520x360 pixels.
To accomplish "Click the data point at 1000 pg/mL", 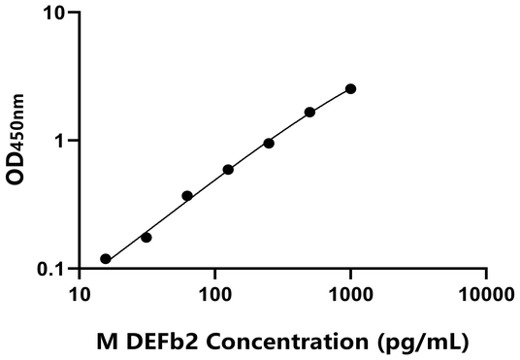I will click(350, 88).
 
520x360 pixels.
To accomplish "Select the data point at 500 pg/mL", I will click(309, 113).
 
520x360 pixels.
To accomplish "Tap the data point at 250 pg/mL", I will click(269, 143).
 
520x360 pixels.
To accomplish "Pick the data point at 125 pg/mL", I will click(228, 170).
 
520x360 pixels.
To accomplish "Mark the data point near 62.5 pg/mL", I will click(187, 196).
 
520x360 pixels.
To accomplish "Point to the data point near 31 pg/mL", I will click(146, 237).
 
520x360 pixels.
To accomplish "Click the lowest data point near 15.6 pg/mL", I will click(106, 259).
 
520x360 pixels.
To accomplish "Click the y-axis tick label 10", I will click(54, 14).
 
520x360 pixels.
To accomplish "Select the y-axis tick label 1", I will click(60, 141).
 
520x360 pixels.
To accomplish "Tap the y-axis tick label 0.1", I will click(52, 269).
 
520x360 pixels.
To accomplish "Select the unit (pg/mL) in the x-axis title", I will click(419, 342).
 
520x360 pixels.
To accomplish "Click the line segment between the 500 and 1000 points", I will click(330, 101).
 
